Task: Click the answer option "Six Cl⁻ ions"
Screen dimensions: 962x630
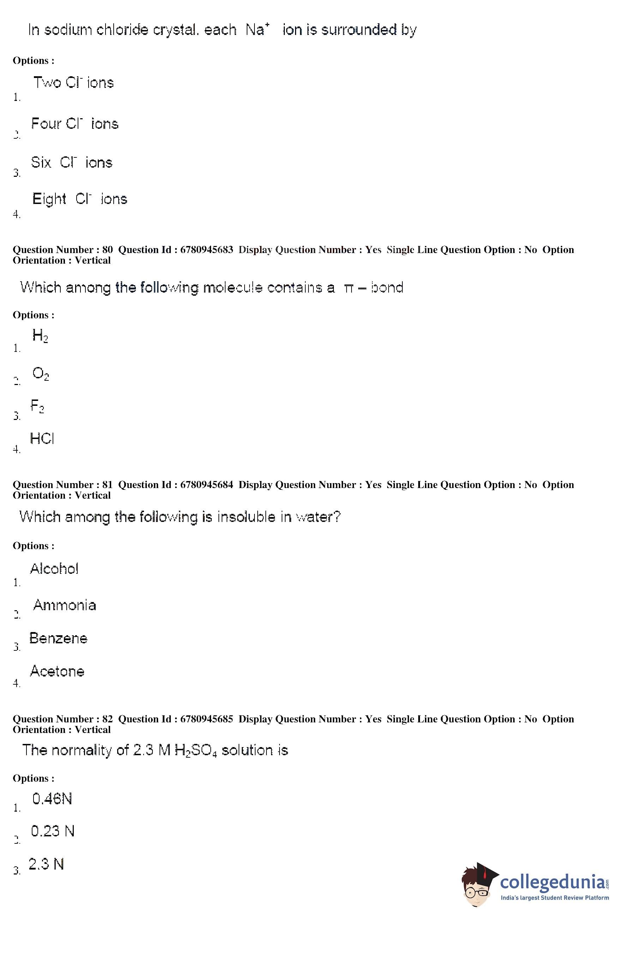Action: coord(72,162)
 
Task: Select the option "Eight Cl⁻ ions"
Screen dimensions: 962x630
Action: coord(80,199)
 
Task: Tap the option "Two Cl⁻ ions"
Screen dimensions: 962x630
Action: coord(73,83)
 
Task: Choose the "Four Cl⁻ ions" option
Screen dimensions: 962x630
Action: coord(75,124)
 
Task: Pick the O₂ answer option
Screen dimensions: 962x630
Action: coord(41,373)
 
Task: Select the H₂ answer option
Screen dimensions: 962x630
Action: coord(40,336)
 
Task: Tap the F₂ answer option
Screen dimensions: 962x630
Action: coord(37,406)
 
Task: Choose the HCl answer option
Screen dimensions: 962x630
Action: coord(42,439)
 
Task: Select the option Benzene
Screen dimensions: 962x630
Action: coord(58,638)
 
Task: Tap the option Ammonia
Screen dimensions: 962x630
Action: coord(65,605)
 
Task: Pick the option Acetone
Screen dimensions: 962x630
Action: coord(57,671)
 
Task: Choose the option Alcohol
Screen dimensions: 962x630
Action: coord(54,569)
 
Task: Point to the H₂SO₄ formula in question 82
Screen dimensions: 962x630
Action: coord(196,751)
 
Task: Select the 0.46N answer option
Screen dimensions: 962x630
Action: coord(52,799)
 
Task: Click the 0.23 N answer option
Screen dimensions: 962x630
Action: coord(53,831)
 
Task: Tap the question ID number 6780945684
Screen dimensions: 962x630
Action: coord(206,485)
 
